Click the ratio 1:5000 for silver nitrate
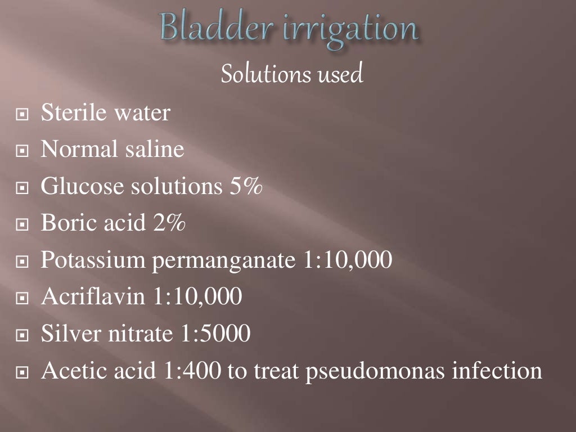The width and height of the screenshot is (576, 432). tap(214, 334)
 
